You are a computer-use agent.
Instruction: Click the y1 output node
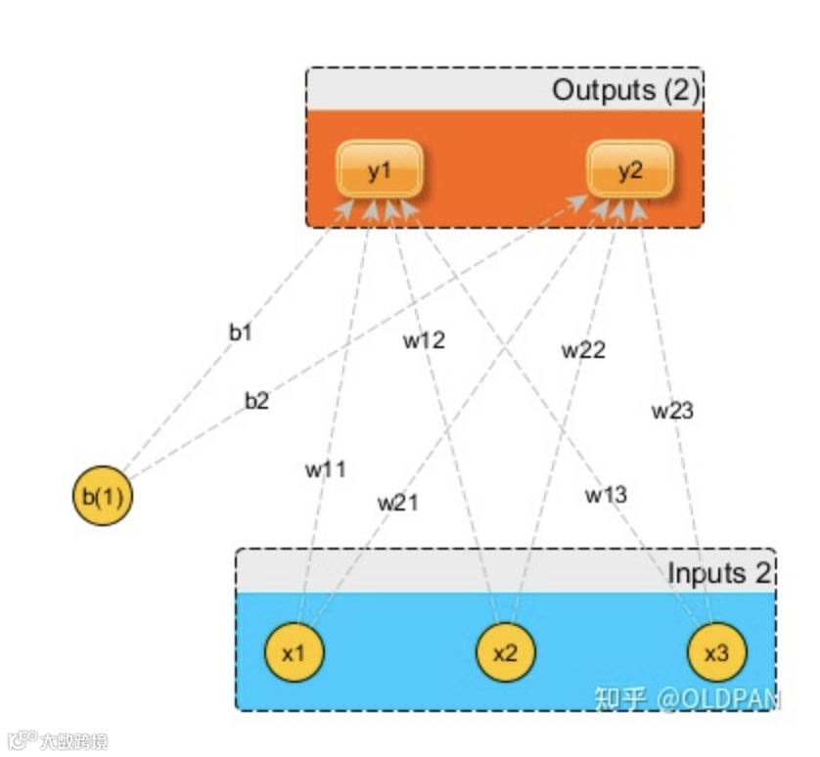(380, 169)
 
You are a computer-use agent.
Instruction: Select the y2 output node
(630, 169)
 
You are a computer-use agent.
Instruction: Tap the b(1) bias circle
(102, 497)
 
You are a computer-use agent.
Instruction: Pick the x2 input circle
(505, 652)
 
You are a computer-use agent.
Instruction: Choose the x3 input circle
(716, 652)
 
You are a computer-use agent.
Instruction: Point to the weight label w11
(326, 468)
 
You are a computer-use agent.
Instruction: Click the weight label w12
(424, 340)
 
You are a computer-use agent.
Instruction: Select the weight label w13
(606, 495)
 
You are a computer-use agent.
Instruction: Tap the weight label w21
(398, 503)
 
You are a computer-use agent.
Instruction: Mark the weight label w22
(583, 349)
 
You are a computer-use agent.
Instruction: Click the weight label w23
(672, 411)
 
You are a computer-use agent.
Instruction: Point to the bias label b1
(241, 333)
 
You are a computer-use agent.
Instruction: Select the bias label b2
(256, 400)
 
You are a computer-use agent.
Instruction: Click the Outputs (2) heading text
(626, 91)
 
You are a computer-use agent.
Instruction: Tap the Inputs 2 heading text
(720, 573)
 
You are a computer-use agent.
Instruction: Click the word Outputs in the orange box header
(604, 91)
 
